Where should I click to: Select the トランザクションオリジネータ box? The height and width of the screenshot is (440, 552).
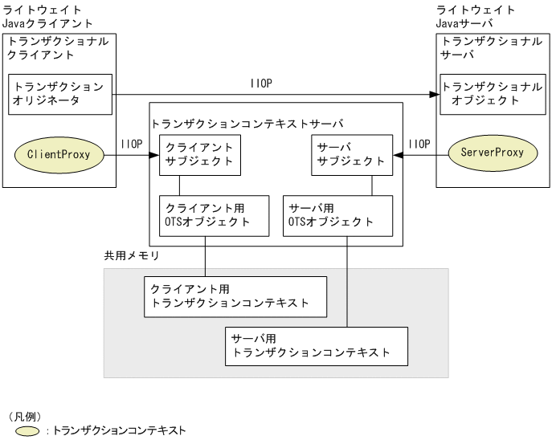(59, 93)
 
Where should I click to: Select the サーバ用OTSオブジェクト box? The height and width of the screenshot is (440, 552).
(338, 214)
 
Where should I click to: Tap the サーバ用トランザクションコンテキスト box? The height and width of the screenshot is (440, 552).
(317, 345)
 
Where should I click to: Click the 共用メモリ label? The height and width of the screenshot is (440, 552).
(132, 256)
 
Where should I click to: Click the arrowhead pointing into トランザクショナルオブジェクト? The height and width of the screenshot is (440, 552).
(435, 94)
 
